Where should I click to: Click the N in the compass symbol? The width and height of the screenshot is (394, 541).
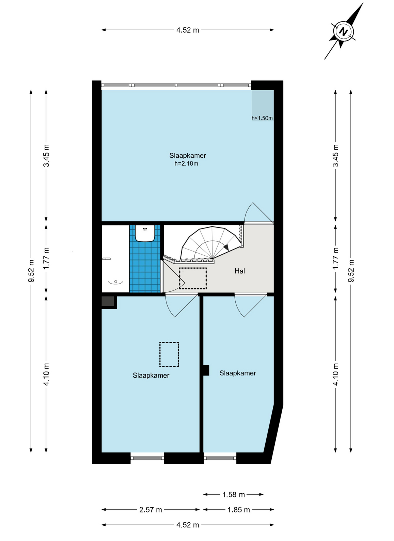pyautogui.click(x=343, y=32)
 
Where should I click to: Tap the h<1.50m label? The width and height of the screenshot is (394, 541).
pyautogui.click(x=262, y=118)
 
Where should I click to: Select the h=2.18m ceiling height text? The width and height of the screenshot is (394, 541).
pyautogui.click(x=186, y=163)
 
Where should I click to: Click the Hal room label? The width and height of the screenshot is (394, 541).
pyautogui.click(x=240, y=271)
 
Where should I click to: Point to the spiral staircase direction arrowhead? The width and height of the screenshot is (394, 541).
pyautogui.click(x=226, y=248)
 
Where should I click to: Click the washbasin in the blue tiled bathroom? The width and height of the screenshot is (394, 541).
pyautogui.click(x=145, y=233)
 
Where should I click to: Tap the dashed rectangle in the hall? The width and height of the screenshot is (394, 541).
pyautogui.click(x=193, y=278)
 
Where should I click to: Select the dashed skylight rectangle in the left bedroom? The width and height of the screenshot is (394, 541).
pyautogui.click(x=169, y=354)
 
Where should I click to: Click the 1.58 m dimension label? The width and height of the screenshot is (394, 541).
pyautogui.click(x=233, y=495)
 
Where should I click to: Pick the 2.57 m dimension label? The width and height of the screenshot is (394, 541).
pyautogui.click(x=151, y=510)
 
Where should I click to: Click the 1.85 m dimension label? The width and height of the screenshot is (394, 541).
pyautogui.click(x=238, y=510)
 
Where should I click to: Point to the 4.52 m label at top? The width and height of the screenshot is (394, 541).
pyautogui.click(x=187, y=30)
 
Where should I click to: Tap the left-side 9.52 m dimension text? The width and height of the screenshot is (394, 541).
pyautogui.click(x=32, y=271)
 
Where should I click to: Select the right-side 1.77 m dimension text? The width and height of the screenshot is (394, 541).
pyautogui.click(x=336, y=258)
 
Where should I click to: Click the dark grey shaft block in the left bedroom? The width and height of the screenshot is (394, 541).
pyautogui.click(x=108, y=301)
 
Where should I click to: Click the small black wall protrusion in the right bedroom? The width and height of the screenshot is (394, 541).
pyautogui.click(x=206, y=370)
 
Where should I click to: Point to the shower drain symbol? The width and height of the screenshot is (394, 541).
pyautogui.click(x=116, y=282)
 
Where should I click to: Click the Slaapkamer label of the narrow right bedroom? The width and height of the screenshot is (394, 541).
pyautogui.click(x=237, y=373)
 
